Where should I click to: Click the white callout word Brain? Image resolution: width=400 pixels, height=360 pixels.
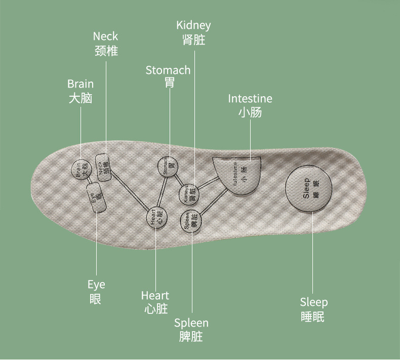pos(81,84)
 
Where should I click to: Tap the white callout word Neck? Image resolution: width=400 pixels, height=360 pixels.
pos(105,36)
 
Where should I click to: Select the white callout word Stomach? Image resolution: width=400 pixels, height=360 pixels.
pos(168,70)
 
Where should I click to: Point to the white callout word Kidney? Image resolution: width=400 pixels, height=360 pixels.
pos(193,25)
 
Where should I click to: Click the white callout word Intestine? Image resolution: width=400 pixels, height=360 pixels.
pos(250,98)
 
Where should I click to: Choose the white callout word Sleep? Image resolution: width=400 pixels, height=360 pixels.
pos(314,302)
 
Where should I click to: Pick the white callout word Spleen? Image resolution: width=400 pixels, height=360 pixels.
pos(191,323)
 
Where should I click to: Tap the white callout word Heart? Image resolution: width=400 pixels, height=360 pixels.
pos(155,295)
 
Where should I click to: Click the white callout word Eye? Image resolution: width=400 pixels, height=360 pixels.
pos(96,285)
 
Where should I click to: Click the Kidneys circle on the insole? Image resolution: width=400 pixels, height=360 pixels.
pos(189,194)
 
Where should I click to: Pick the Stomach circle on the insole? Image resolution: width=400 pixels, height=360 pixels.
pos(168,166)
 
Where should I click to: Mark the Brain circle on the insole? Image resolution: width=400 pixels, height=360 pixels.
pos(80,169)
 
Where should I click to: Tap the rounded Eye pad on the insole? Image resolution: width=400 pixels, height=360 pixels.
pos(96,196)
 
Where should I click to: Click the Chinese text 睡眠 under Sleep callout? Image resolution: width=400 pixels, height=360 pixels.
pos(312,317)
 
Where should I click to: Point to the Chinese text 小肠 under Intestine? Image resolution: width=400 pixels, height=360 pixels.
pos(250,112)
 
